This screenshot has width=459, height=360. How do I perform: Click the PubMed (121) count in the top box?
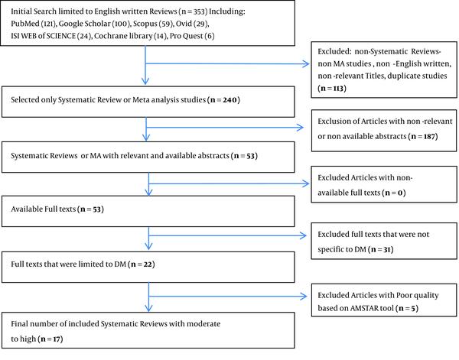(x=34, y=24)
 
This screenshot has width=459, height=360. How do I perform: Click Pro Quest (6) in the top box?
(x=192, y=36)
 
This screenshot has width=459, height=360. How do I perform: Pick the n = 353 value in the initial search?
(x=193, y=11)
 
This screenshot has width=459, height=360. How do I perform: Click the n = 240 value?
(x=223, y=100)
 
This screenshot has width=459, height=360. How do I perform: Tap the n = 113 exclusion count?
(x=332, y=89)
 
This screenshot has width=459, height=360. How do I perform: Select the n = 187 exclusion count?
(x=423, y=137)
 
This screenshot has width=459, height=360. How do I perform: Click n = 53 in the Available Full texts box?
(x=91, y=209)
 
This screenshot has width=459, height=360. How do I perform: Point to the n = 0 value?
(x=395, y=193)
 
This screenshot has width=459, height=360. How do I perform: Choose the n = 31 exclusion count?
(x=381, y=249)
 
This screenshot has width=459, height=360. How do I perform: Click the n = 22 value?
(x=142, y=264)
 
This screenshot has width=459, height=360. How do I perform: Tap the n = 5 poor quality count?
(x=407, y=308)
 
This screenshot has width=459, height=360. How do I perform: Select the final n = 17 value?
(x=50, y=339)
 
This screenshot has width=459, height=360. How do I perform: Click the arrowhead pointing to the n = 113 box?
(x=305, y=63)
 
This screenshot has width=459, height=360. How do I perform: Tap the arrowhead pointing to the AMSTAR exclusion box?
(x=303, y=297)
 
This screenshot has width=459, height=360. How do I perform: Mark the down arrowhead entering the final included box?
(x=148, y=308)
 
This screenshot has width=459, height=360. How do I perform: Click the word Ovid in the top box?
(x=184, y=24)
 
